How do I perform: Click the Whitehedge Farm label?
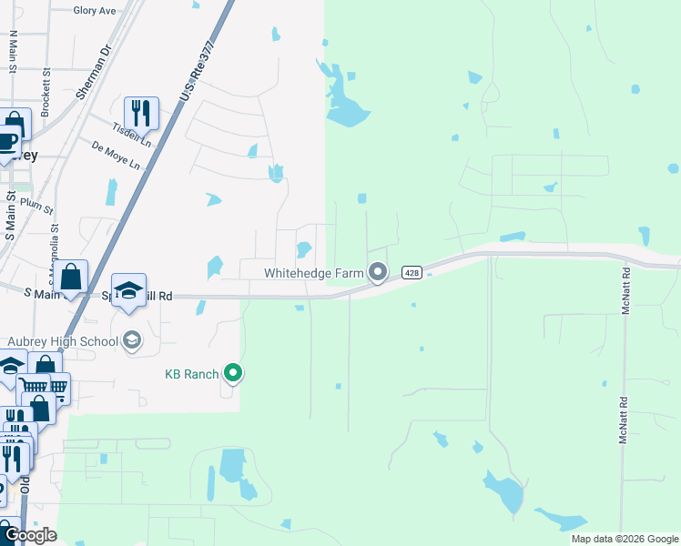point(314,272)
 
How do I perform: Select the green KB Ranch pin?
point(233,372)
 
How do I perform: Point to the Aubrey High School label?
point(63,341)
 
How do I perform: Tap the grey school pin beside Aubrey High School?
point(132,340)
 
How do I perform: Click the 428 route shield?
point(412,272)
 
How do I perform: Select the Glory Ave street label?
point(95,11)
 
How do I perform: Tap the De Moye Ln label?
point(117,156)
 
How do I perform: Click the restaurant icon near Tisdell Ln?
point(141,113)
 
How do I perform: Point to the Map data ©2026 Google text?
point(624,539)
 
